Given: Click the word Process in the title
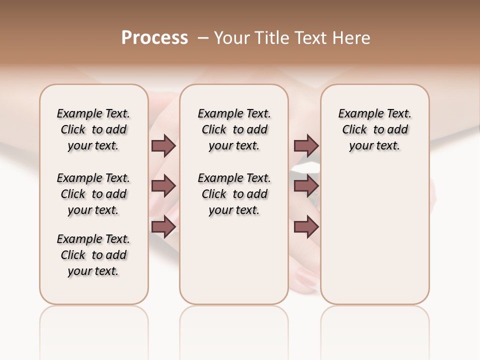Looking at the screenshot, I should (x=154, y=37).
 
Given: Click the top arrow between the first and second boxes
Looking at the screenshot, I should (x=163, y=145).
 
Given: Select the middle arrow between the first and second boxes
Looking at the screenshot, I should (x=163, y=186).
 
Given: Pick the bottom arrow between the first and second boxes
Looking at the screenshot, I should (x=163, y=227).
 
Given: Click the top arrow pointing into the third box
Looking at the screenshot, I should (x=306, y=145).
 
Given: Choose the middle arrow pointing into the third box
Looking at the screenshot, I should (x=306, y=186).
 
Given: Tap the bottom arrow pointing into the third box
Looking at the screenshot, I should (x=306, y=227).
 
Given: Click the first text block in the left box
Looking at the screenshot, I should (x=93, y=129).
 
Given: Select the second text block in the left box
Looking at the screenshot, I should (x=93, y=194).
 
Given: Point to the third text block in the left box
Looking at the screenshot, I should (x=93, y=255).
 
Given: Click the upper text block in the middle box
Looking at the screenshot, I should (x=234, y=129).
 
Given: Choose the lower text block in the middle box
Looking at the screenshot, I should (x=234, y=194).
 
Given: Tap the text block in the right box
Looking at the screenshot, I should (x=374, y=129).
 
